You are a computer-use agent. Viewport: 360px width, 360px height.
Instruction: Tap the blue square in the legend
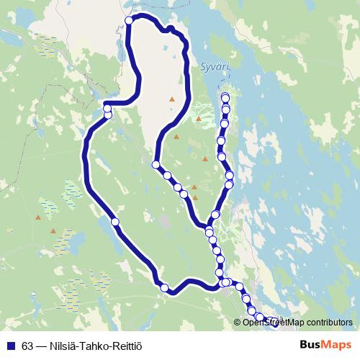click(10, 345)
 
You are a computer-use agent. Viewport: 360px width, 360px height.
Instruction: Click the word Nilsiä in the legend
click(64, 345)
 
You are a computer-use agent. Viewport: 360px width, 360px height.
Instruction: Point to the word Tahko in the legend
click(96, 345)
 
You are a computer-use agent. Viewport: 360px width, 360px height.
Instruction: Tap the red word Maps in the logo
click(338, 344)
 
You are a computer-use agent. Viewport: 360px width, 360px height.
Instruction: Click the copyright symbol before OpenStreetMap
click(238, 322)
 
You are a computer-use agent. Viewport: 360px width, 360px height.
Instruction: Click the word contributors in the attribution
click(328, 322)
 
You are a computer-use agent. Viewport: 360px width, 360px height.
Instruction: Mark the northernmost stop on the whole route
click(130, 21)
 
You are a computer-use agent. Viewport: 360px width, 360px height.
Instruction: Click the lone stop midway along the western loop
click(114, 222)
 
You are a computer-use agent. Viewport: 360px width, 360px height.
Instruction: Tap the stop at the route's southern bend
click(165, 288)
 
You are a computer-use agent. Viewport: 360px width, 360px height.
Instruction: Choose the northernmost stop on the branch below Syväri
click(225, 97)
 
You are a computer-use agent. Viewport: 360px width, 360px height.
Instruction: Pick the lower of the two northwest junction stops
click(108, 114)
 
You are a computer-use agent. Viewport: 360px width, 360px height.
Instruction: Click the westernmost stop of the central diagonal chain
click(156, 166)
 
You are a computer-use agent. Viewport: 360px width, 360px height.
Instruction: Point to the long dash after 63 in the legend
click(40, 345)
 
